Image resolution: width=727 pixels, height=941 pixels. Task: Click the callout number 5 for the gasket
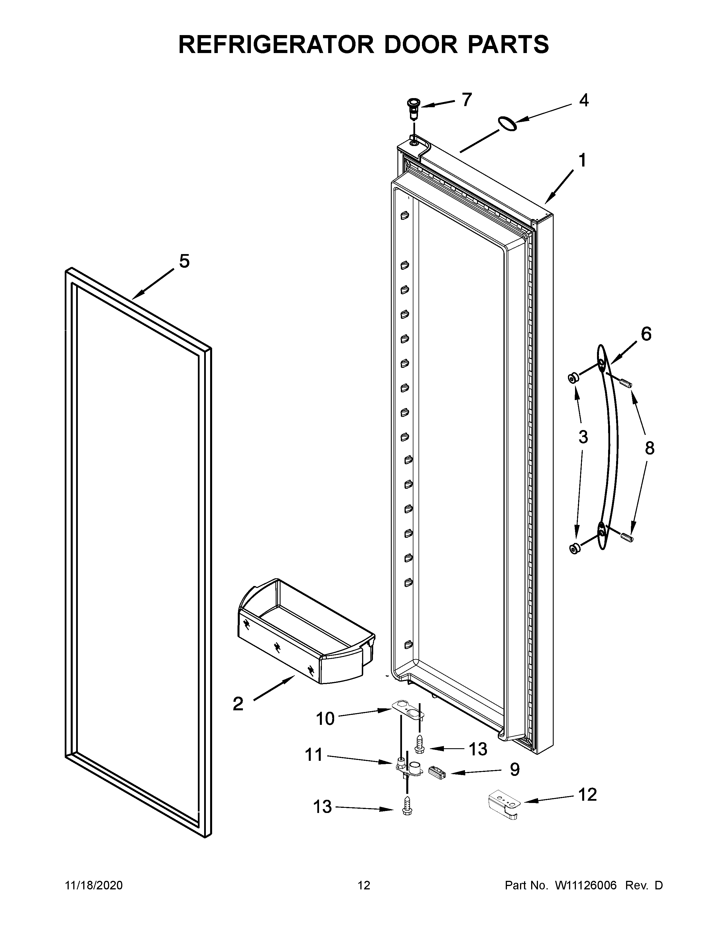click(184, 261)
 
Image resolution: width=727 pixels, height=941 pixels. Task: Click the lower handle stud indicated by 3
click(574, 549)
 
